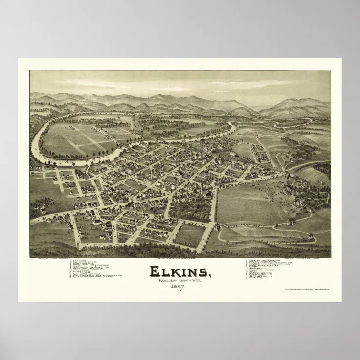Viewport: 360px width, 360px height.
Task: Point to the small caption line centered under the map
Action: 180,258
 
